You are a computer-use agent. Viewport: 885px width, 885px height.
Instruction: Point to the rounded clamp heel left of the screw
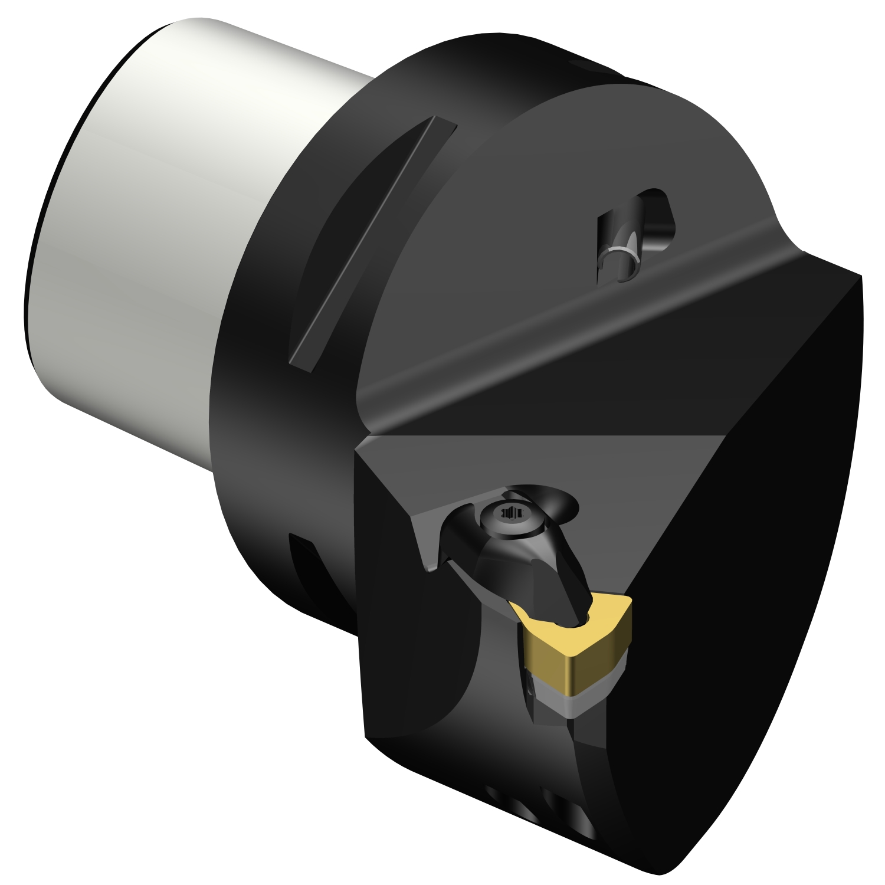pyautogui.click(x=457, y=531)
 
